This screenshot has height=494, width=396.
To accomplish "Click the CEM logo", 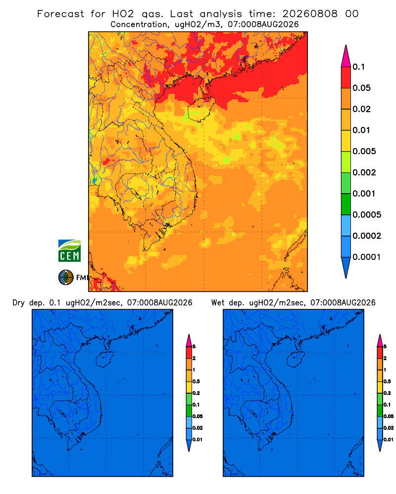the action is pyautogui.click(x=69, y=251).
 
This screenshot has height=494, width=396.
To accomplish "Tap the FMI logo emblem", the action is pyautogui.click(x=66, y=277).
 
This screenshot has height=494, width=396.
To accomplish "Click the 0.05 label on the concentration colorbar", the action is pyautogui.click(x=361, y=88).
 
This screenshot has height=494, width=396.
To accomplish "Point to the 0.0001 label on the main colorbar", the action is pyautogui.click(x=367, y=257).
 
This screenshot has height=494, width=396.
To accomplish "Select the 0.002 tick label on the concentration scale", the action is pyautogui.click(x=364, y=172).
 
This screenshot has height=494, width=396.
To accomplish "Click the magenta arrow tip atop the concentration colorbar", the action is pyautogui.click(x=346, y=56).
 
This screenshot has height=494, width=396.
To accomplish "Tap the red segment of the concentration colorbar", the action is pyautogui.click(x=346, y=78).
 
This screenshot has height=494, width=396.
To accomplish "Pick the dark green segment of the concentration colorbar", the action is pyautogui.click(x=346, y=204).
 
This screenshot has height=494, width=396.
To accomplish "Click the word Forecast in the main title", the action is pyautogui.click(x=60, y=14).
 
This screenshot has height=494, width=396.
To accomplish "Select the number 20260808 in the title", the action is pyautogui.click(x=310, y=14).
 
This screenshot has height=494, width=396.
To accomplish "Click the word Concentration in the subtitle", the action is pyautogui.click(x=139, y=25).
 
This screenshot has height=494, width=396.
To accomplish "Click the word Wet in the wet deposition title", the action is pyautogui.click(x=218, y=303).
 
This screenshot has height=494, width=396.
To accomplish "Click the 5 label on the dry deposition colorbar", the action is pyautogui.click(x=194, y=347).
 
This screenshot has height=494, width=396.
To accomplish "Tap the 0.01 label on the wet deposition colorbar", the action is pyautogui.click(x=389, y=440).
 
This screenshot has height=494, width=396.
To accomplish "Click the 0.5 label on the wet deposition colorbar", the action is pyautogui.click(x=387, y=381).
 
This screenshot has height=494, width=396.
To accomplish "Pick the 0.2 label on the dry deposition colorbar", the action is pyautogui.click(x=196, y=393).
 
